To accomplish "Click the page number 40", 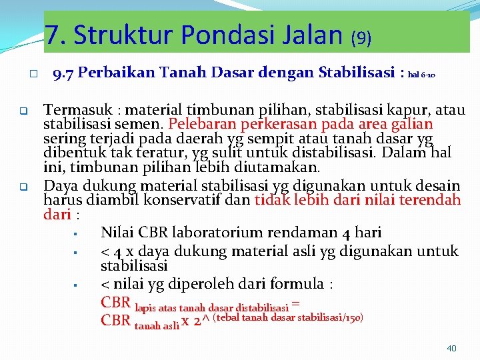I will pos(451,348).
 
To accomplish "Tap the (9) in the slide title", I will pos(361,37).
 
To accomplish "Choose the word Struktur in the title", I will pos(121,35).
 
